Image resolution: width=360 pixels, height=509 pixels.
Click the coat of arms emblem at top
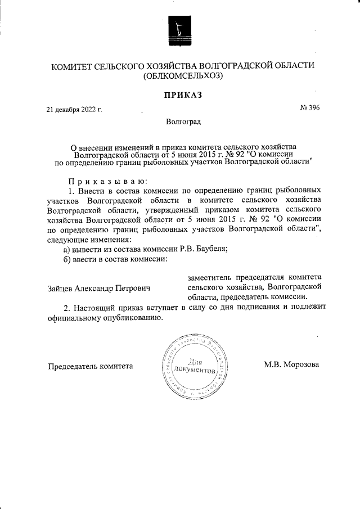(x=179, y=31)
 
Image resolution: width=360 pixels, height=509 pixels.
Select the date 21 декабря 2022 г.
(x=74, y=110)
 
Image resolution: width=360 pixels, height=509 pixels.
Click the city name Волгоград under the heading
(x=183, y=121)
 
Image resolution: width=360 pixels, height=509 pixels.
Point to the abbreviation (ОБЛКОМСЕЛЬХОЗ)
(x=183, y=76)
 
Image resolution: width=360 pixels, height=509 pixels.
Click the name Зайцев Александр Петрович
(x=100, y=288)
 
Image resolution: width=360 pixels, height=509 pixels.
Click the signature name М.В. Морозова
(x=291, y=364)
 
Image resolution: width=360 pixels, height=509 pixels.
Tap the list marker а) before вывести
(x=66, y=249)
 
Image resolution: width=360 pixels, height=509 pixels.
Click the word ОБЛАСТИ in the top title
(x=292, y=66)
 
